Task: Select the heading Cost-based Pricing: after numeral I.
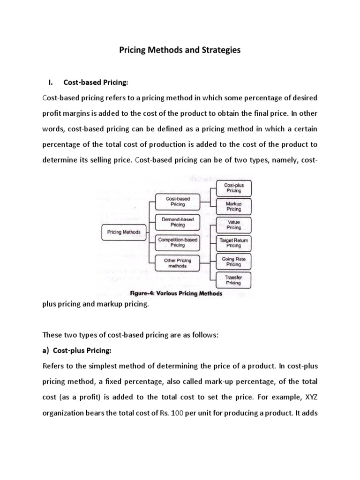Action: point(96,83)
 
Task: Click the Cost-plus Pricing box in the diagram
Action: point(234,188)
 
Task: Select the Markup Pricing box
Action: point(234,206)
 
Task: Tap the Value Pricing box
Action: point(234,225)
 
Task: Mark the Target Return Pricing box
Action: point(234,243)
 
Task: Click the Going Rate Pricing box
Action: point(234,262)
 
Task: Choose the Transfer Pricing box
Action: point(234,280)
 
